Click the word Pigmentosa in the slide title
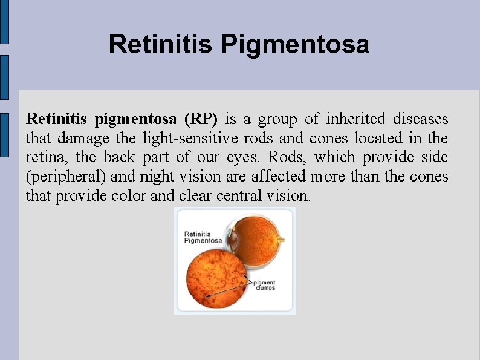[x=295, y=44]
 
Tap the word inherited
[x=357, y=119]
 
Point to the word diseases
[x=421, y=119]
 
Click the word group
[x=277, y=119]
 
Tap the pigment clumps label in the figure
[x=264, y=285]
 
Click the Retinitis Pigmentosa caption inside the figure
[x=203, y=237]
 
